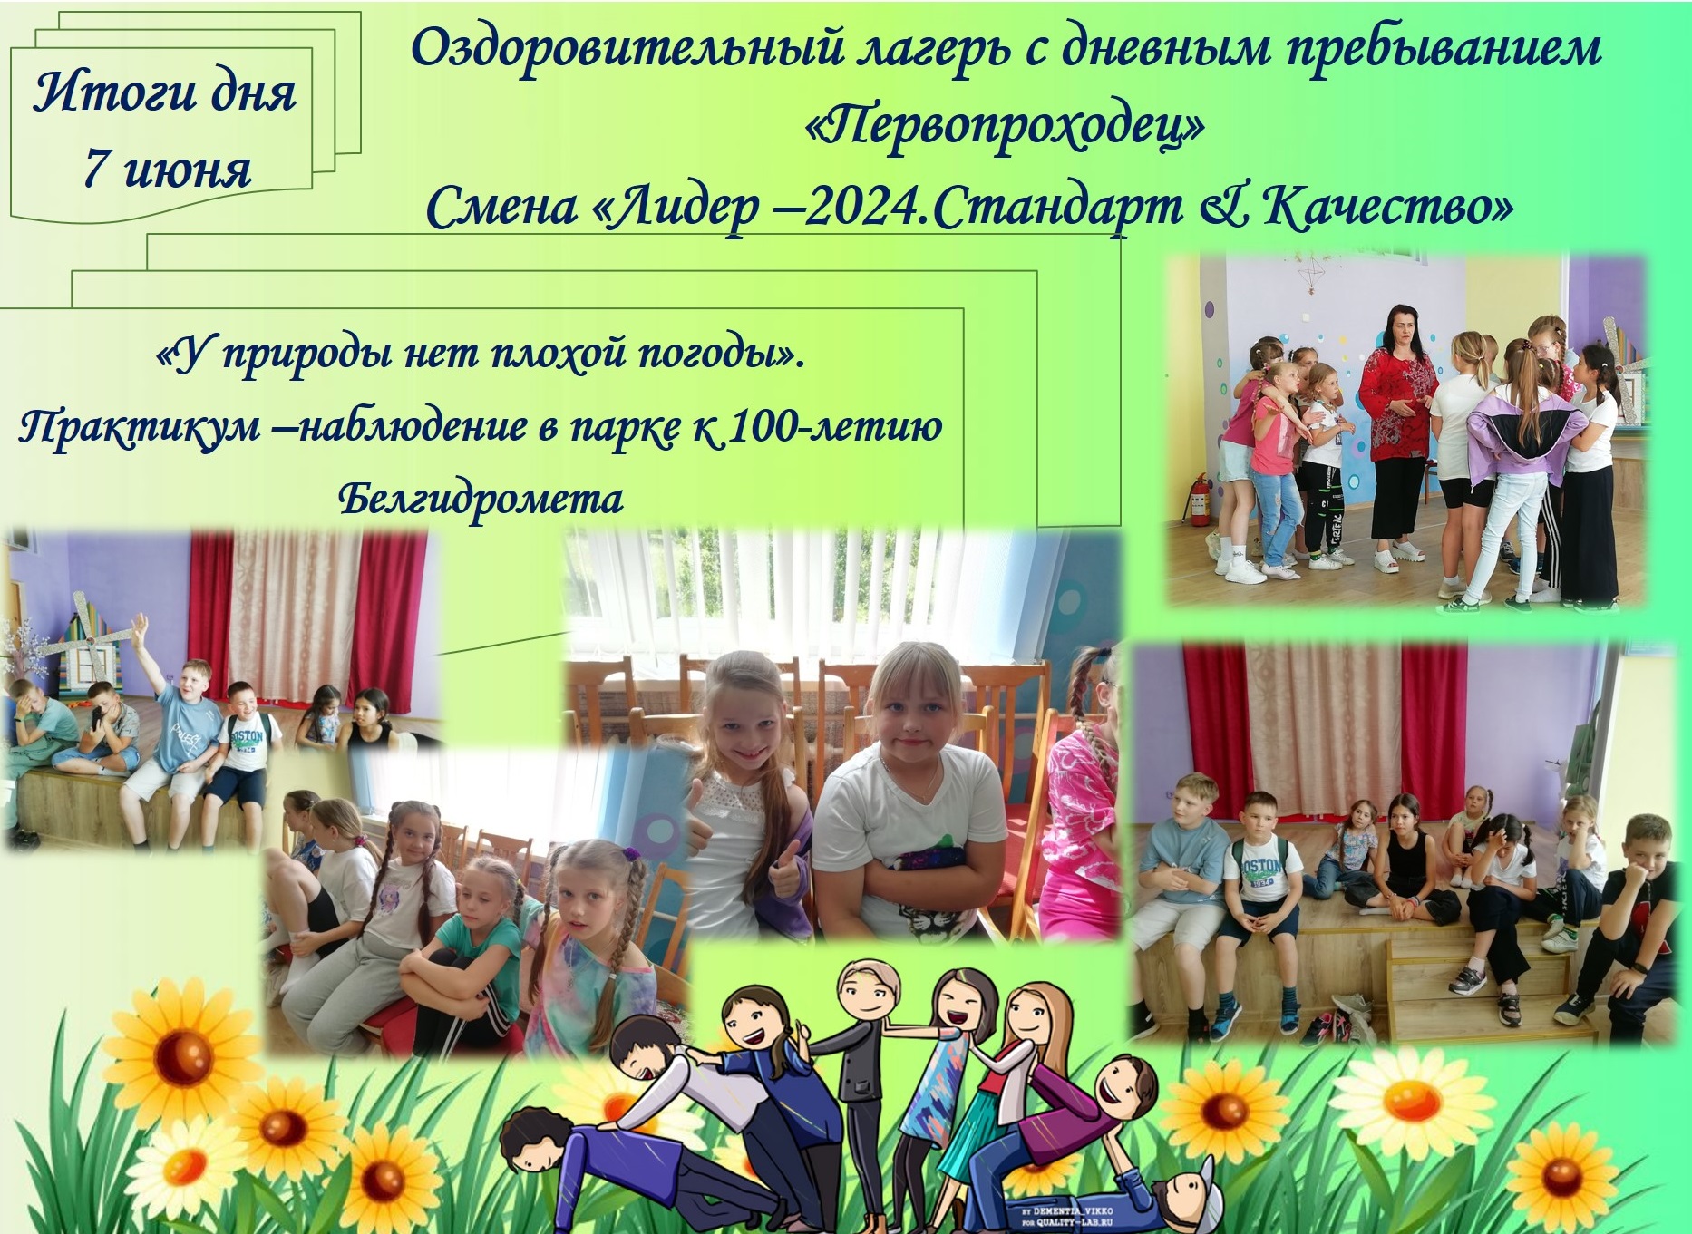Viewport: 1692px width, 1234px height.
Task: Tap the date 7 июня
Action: click(x=167, y=169)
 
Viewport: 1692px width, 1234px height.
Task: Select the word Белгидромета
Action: click(x=481, y=500)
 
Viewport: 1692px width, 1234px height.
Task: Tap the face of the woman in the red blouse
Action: click(x=1397, y=335)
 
